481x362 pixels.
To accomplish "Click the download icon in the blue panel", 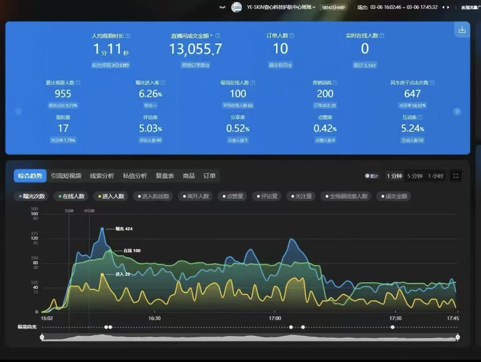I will [462, 30].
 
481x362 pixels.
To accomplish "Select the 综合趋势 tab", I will [30, 176].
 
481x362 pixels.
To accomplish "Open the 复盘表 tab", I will [165, 176].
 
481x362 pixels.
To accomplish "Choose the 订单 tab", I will [209, 176].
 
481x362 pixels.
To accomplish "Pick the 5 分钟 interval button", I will [414, 176].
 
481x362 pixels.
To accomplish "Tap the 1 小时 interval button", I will [436, 176].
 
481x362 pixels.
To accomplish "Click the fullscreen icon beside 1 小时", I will [456, 176].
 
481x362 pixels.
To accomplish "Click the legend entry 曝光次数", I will [32, 196].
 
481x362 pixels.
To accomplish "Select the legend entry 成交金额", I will [394, 196].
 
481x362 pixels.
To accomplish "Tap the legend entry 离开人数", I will [195, 196].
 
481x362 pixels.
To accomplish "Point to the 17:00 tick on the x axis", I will [275, 318].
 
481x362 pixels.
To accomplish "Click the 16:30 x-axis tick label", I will [154, 318].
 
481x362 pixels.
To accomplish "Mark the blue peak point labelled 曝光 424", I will [102, 229].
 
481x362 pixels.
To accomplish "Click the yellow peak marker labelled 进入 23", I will [102, 274].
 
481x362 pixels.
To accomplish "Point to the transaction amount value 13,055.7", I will [195, 49].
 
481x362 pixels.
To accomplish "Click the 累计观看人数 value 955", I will [63, 94].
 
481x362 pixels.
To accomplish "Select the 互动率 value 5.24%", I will [412, 129].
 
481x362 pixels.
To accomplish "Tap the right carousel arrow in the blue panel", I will [457, 112].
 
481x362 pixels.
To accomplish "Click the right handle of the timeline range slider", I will [457, 337].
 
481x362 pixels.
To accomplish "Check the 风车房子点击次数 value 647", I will [412, 94].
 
